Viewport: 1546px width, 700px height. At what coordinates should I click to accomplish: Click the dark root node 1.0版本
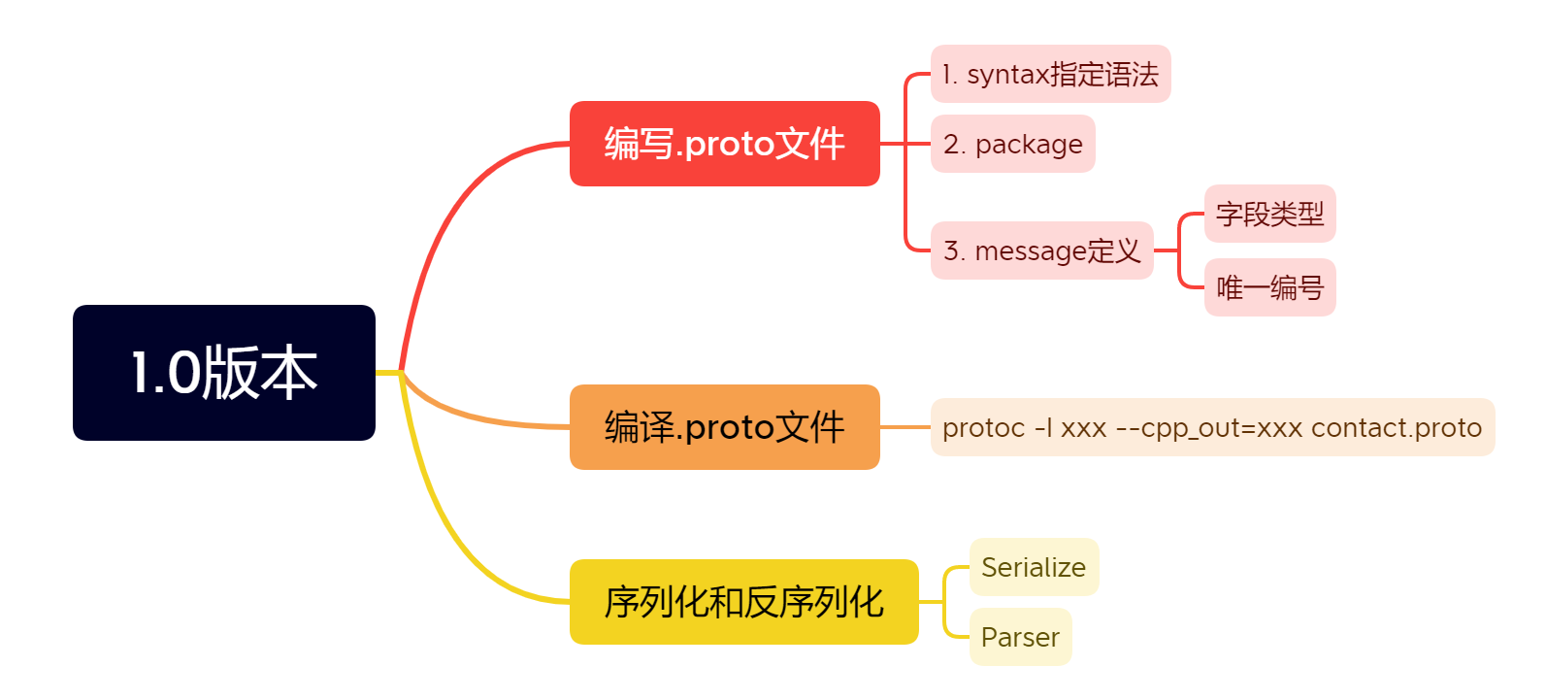pos(223,373)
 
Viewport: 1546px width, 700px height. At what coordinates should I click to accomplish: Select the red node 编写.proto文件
pos(724,144)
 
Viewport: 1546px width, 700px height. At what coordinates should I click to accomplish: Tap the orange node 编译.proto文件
pos(724,427)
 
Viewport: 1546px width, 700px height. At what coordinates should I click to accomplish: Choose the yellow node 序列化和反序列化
pos(743,602)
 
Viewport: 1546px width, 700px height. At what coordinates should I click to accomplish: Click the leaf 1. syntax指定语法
pos(1050,74)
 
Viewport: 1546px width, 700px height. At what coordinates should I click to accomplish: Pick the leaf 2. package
pos(1012,144)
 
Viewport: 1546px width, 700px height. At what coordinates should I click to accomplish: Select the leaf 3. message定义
pos(1041,250)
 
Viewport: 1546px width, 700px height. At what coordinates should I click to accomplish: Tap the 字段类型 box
pos(1269,214)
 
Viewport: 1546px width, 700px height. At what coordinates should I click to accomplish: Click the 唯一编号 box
pos(1269,287)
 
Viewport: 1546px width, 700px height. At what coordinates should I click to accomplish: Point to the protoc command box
pos(1211,427)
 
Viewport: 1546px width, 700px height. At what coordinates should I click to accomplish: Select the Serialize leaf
pos(1034,567)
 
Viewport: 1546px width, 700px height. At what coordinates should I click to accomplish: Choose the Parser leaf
pos(1020,637)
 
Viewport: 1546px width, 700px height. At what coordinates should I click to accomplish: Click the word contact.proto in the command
pos(1396,428)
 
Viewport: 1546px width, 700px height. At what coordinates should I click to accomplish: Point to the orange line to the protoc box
pos(905,427)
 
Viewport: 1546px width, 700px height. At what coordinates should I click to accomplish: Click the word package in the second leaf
pos(1028,145)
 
